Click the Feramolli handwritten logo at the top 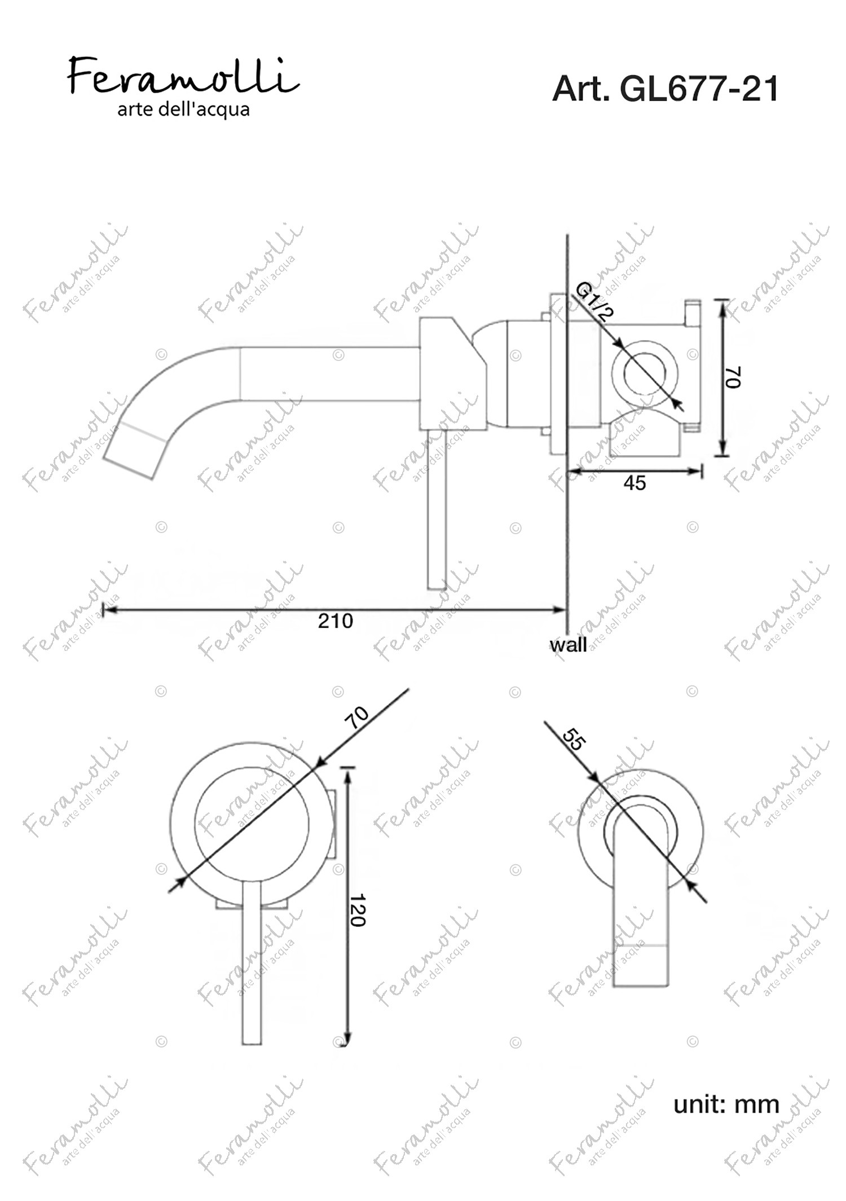(183, 76)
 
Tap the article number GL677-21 (699, 89)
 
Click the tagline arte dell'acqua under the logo (183, 109)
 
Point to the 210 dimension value (336, 621)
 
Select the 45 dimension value (634, 483)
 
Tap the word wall (568, 644)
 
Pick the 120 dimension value (358, 910)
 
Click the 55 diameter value (574, 740)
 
